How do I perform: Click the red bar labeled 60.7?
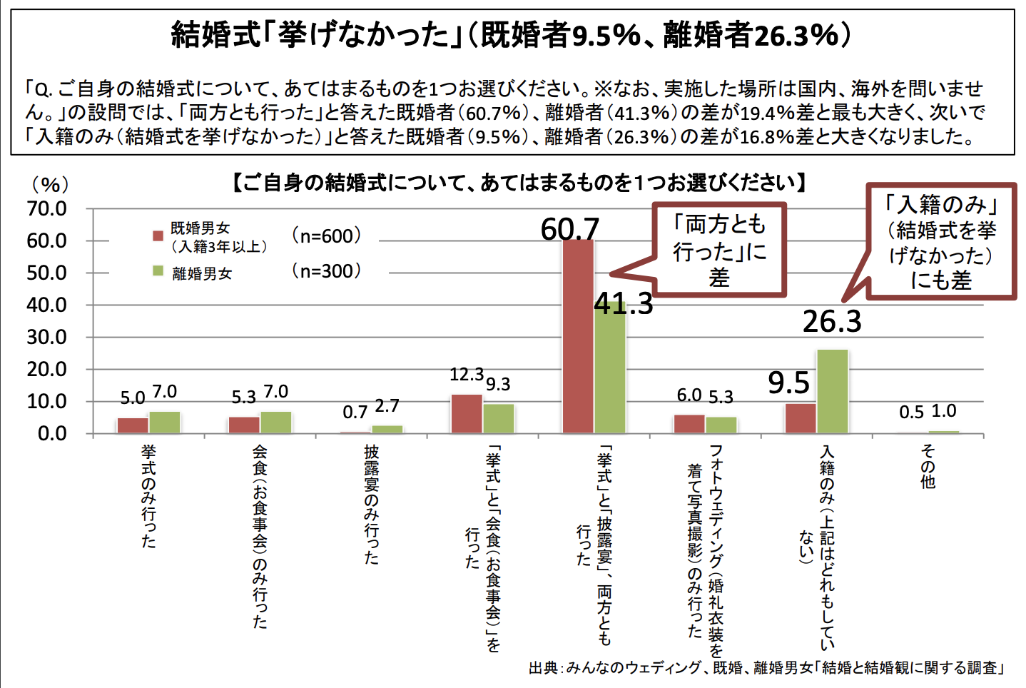[x=578, y=335]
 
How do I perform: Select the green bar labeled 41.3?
[x=609, y=368]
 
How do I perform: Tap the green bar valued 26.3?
[x=832, y=391]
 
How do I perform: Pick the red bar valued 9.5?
[x=801, y=418]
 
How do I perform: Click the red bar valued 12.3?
[x=467, y=414]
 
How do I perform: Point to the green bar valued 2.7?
[x=387, y=429]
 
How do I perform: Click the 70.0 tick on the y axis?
[x=47, y=208]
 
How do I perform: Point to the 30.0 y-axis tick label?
[x=47, y=337]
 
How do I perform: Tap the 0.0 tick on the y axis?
[x=51, y=433]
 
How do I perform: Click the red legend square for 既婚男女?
[x=158, y=236]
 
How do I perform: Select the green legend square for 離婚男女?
[x=158, y=271]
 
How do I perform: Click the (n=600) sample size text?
[x=327, y=236]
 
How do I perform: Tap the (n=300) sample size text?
[x=327, y=271]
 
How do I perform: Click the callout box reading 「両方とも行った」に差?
[x=719, y=250]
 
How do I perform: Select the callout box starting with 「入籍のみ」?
[x=940, y=241]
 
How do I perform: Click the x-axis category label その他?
[x=928, y=467]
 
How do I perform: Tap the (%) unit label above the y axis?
[x=50, y=185]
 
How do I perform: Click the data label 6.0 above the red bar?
[x=689, y=395]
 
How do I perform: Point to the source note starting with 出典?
[x=766, y=668]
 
